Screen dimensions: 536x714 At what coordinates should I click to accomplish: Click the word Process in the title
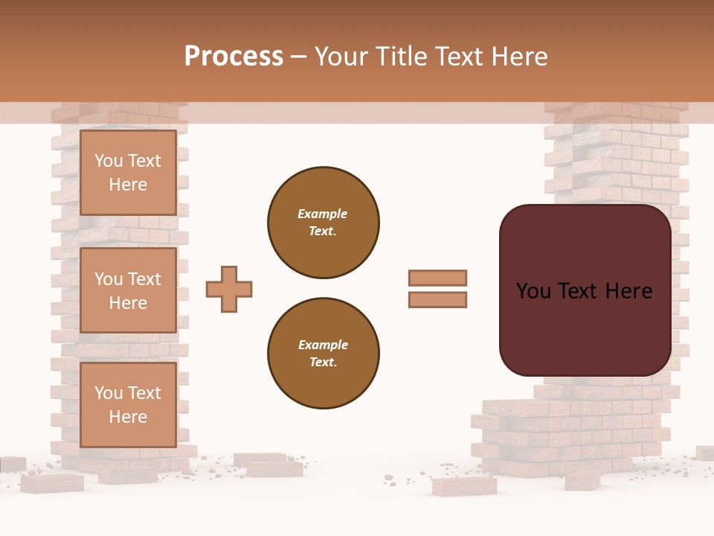pos(234,57)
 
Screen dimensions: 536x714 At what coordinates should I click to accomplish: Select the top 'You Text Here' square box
pos(128,173)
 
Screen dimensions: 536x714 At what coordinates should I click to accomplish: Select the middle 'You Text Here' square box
pos(128,290)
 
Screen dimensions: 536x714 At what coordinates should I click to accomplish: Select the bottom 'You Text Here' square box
pos(128,404)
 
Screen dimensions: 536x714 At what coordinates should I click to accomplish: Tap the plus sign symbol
pos(229,289)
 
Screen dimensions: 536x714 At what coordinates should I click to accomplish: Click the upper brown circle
pos(324,223)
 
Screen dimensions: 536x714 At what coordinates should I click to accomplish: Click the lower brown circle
pos(324,354)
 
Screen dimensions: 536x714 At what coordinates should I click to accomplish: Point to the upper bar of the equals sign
pos(437,278)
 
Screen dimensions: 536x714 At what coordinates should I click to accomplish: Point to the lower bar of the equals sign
pos(437,299)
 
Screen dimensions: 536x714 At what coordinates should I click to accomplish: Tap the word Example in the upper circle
pos(322,214)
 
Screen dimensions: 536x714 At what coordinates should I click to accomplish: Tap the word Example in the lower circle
pos(323,345)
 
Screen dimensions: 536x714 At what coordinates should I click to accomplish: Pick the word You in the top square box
pos(109,161)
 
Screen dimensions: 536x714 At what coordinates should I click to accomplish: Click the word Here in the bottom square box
pos(128,417)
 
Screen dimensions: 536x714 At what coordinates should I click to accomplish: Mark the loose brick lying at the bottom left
pos(51,482)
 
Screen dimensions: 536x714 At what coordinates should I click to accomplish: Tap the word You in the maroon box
pos(533,291)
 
